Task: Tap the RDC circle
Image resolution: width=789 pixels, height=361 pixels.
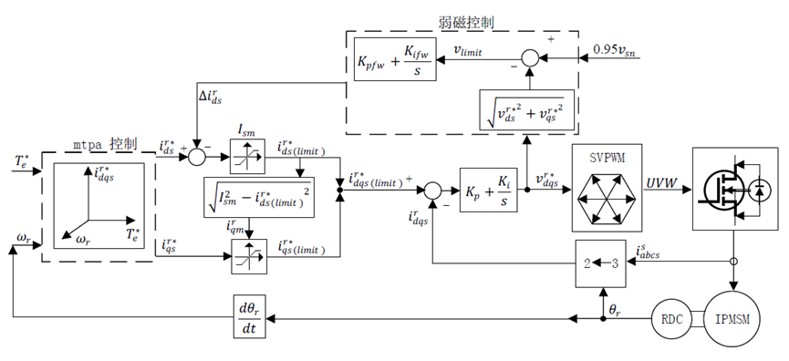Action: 671,319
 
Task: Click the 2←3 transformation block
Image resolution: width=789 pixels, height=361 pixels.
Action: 600,263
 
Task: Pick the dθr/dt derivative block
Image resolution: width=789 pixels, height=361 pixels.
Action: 249,316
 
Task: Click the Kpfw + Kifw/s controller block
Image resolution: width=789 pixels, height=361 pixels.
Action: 394,59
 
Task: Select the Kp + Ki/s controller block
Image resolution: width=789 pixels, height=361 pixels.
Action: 488,190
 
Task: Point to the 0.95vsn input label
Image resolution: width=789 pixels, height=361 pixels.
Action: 616,50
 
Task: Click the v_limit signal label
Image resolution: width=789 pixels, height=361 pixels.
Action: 467,51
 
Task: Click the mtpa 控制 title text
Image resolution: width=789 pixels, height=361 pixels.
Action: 105,144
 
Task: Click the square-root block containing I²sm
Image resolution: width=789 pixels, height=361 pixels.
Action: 259,197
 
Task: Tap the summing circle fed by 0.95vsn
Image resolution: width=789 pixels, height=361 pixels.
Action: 529,59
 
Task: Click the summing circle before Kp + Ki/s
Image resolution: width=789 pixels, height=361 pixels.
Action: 432,190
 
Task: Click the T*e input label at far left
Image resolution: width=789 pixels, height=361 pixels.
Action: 22,162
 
